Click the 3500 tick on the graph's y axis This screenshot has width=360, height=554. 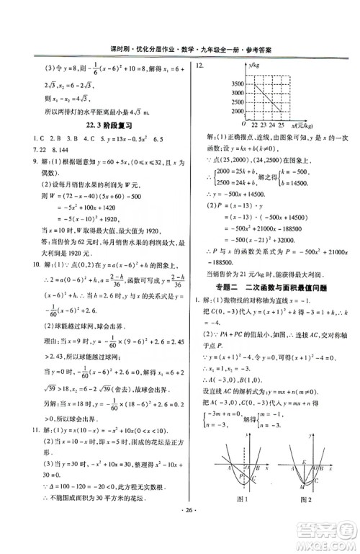tap(235, 85)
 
